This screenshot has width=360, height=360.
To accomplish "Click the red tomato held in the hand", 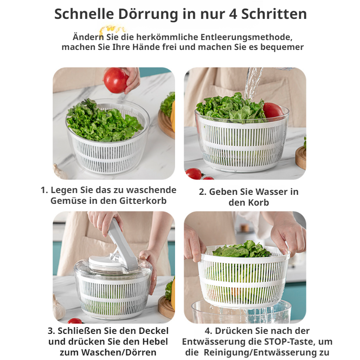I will [x=116, y=81].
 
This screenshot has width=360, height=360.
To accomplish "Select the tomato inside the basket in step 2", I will [x=272, y=110].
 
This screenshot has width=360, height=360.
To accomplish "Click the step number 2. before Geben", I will [x=203, y=192].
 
